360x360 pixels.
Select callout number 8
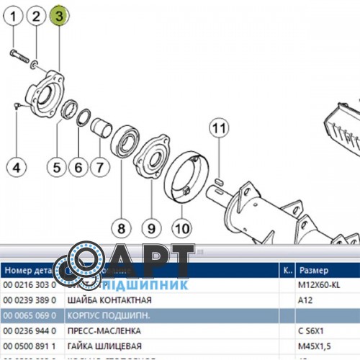tap(120, 228)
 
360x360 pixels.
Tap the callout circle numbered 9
tap(150, 228)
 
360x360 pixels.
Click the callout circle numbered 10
tap(181, 228)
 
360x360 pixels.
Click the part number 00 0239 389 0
tap(30, 300)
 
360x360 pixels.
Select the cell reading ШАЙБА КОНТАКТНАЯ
tap(109, 300)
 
